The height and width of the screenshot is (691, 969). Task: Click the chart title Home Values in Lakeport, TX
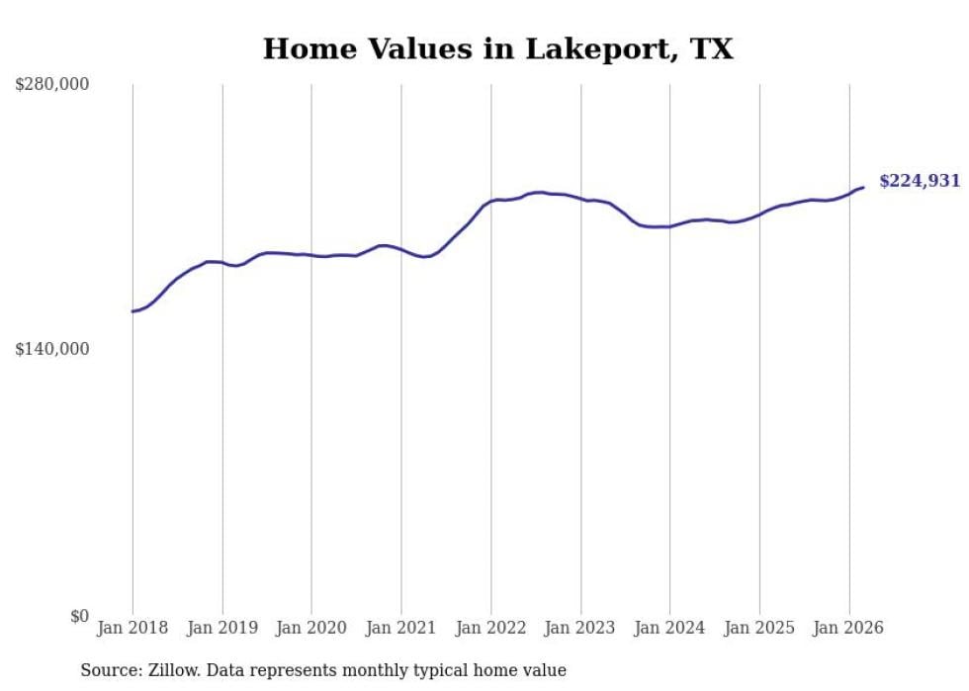pos(497,49)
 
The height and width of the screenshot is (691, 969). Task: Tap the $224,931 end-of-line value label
pos(919,181)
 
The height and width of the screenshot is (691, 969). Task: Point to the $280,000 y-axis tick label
pos(51,85)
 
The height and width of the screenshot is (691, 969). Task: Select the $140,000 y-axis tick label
pos(51,349)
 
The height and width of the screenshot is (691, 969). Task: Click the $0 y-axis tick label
pos(79,616)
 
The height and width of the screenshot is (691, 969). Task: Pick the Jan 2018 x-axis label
pos(132,628)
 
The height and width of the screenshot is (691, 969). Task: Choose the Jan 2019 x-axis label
pos(222,628)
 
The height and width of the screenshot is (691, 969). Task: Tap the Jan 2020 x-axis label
pos(311,628)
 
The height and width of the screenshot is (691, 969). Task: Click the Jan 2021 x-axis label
pos(401,628)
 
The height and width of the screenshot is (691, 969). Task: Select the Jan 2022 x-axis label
pos(490,628)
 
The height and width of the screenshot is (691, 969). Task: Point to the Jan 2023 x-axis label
pos(580,628)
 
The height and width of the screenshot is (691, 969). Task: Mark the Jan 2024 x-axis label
pos(669,628)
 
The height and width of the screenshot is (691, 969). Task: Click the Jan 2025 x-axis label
pos(759,628)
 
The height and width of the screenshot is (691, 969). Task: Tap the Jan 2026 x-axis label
pos(848,628)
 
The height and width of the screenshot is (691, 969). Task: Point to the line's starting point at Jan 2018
pos(132,311)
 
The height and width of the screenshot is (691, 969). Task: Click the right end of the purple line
pos(863,187)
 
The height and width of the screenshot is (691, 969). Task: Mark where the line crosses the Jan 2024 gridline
pos(669,226)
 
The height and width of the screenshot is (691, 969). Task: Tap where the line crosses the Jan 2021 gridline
pos(401,249)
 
